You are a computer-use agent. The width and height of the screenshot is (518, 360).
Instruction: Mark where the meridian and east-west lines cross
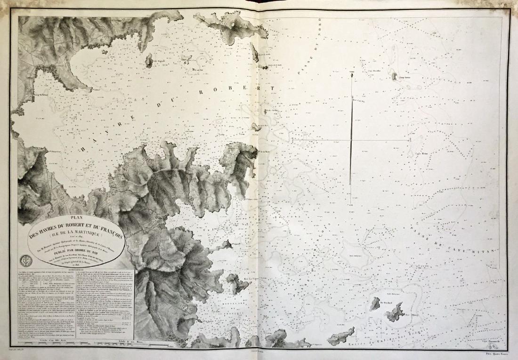[351, 140]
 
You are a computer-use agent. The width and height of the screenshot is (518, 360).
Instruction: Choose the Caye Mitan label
[421, 153]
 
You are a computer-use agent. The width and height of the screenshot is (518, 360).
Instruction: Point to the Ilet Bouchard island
[375, 304]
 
